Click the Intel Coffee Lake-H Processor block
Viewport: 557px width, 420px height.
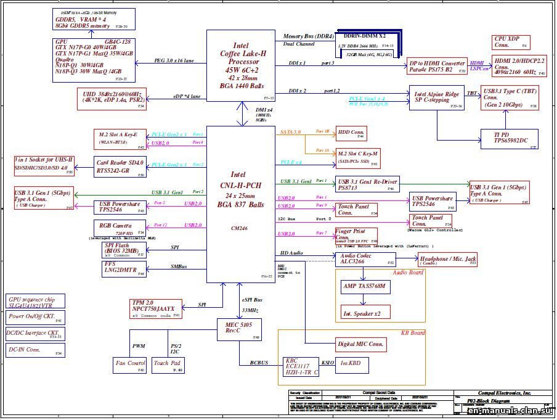240,65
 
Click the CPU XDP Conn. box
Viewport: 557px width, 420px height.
511,42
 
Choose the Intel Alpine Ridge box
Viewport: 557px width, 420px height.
437,97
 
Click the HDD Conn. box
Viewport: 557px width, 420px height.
352,133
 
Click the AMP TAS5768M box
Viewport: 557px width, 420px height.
365,287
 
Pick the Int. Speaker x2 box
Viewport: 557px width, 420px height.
365,313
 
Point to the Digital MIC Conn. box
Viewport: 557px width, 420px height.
361,344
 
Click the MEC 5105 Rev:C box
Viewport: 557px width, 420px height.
239,327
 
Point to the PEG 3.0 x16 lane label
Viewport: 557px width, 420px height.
174,60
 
